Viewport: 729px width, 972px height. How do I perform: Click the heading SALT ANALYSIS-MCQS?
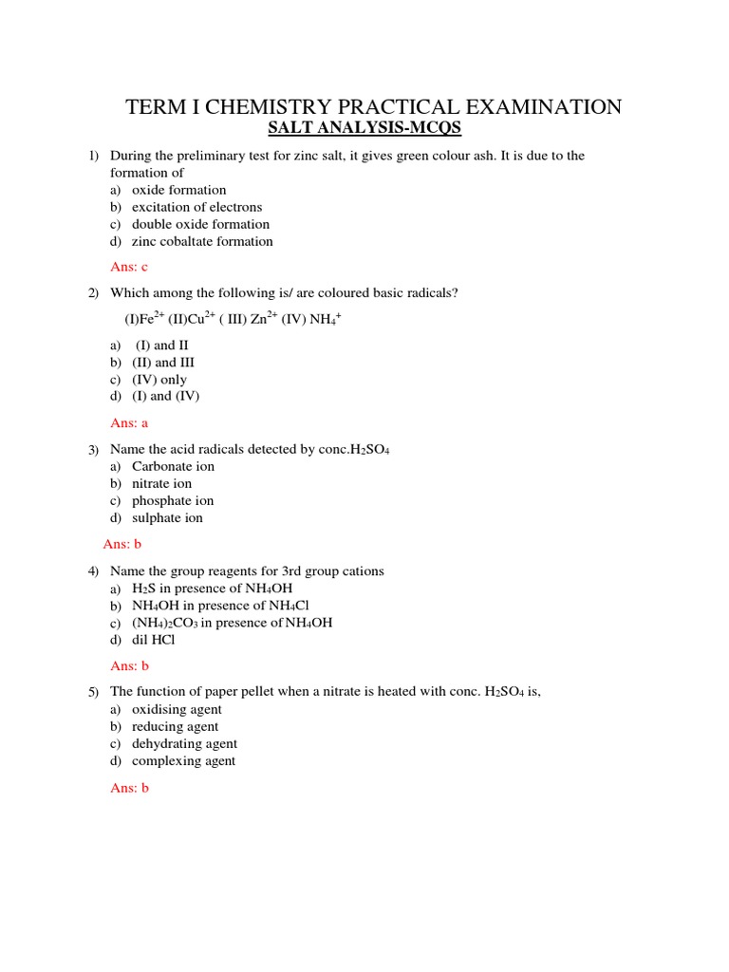pos(364,128)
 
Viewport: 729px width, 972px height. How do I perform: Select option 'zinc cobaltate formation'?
pos(202,241)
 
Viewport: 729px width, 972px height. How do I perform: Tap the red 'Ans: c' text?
pos(130,268)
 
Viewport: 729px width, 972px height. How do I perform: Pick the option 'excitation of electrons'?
pos(196,207)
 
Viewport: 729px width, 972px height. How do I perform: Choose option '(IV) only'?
pos(159,380)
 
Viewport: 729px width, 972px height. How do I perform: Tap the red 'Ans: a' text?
pos(130,423)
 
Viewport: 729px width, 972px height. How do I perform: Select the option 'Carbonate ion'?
pos(173,466)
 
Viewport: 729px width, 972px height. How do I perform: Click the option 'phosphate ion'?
pos(173,500)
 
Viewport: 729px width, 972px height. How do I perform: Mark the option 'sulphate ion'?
pos(167,517)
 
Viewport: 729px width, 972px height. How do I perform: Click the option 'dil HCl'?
pos(154,640)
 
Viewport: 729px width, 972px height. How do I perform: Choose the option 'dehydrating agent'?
pos(184,743)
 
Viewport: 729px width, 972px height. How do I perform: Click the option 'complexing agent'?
pos(183,760)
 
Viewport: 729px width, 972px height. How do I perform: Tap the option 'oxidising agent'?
pos(177,709)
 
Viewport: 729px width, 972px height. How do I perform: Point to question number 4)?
pos(94,571)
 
